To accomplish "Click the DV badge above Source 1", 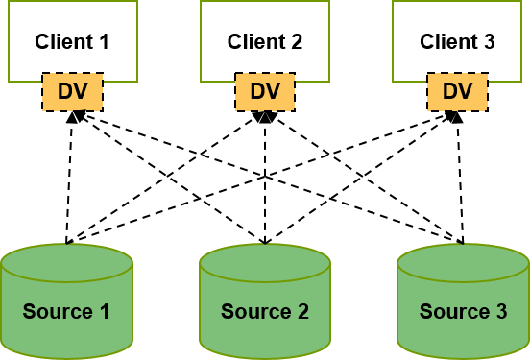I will pyautogui.click(x=72, y=92).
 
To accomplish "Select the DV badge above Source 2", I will pyautogui.click(x=265, y=92).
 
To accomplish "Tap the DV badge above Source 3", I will pyautogui.click(x=457, y=92).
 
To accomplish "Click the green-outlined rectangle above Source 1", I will pyautogui.click(x=73, y=38).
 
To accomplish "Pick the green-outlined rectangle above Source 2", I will pyautogui.click(x=265, y=38).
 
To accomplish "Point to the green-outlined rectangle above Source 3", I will pyautogui.click(x=457, y=38).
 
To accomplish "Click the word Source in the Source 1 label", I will pyautogui.click(x=57, y=312).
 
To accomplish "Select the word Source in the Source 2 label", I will pyautogui.click(x=255, y=312).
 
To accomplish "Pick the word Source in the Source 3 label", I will pyautogui.click(x=453, y=312).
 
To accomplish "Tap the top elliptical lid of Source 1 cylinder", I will pyautogui.click(x=66, y=262).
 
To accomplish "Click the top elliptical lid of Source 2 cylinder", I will pyautogui.click(x=265, y=262).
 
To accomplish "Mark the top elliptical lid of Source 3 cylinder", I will pyautogui.click(x=463, y=262).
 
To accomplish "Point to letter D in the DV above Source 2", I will pyautogui.click(x=257, y=92).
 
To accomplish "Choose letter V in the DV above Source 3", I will pyautogui.click(x=466, y=92).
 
